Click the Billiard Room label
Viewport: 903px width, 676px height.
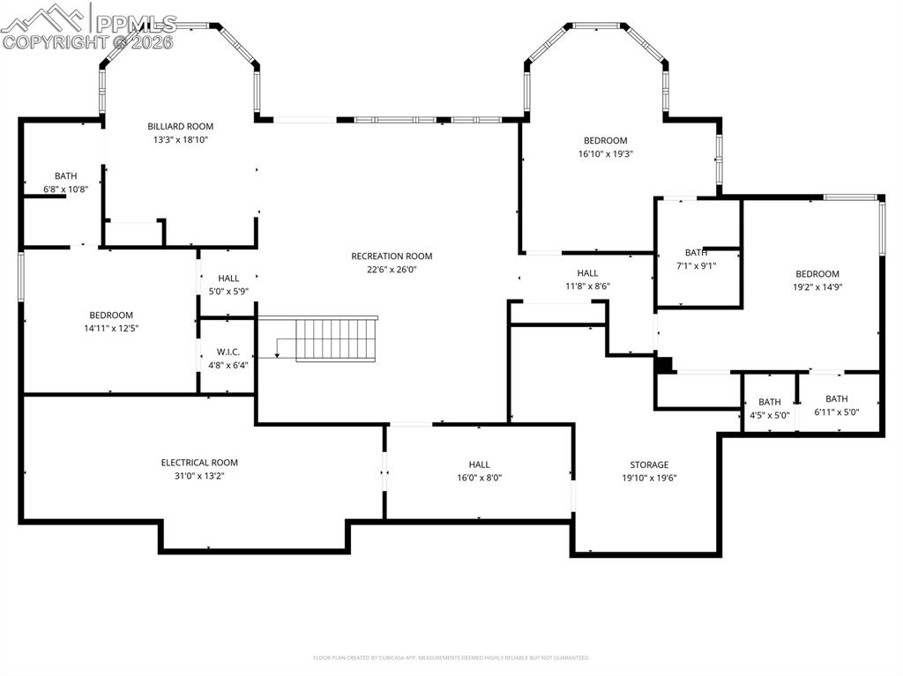(x=180, y=126)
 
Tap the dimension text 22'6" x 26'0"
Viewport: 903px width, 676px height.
(x=392, y=270)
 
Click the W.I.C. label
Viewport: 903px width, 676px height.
(x=228, y=352)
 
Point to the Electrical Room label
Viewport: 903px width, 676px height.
(x=199, y=463)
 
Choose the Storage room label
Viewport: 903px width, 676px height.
(x=649, y=464)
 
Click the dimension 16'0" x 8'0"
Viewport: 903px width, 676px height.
(x=479, y=478)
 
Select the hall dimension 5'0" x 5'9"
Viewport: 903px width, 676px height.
(x=228, y=291)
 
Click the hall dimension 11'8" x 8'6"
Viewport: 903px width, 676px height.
(x=587, y=286)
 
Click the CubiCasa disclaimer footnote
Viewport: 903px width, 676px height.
(x=451, y=657)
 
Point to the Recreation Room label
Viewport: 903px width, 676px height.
(x=392, y=256)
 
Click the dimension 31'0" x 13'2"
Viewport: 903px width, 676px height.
(x=199, y=476)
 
